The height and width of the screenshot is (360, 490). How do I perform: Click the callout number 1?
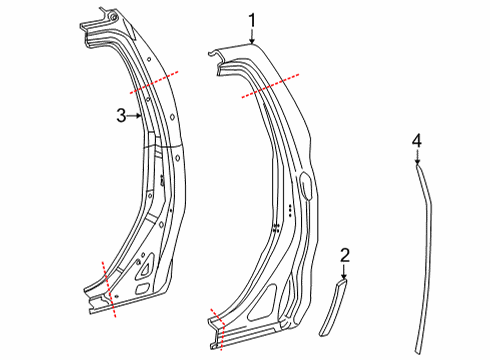tap(252, 18)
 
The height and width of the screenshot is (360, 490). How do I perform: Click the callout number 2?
tap(344, 256)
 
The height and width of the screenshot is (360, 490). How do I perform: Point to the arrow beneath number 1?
tap(252, 35)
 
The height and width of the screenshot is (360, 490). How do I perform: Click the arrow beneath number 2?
tap(344, 274)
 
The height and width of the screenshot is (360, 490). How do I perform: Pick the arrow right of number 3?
tap(135, 116)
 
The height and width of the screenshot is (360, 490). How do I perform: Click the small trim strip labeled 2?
tap(333, 306)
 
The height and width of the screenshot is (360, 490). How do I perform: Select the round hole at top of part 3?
tap(107, 17)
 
